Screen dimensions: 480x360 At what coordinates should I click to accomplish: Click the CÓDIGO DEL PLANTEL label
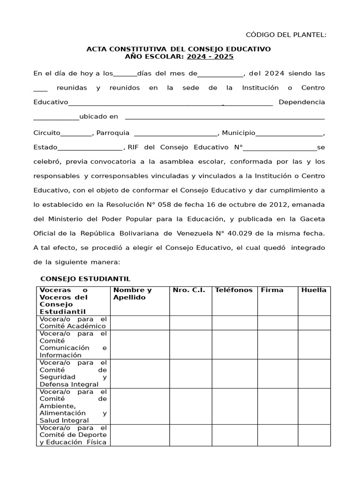[x=286, y=35]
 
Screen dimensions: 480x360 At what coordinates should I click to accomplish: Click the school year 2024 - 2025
[x=210, y=57]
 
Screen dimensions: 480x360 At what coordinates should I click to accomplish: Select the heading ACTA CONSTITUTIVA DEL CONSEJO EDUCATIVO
[x=179, y=49]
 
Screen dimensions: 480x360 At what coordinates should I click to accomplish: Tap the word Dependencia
[x=301, y=102]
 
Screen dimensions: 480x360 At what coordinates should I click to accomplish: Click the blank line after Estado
[x=90, y=147]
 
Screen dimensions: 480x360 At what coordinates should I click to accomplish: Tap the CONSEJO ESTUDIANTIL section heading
[x=85, y=279]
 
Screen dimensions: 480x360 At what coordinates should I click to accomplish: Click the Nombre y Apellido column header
[x=133, y=293]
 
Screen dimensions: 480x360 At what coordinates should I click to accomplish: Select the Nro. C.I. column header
[x=189, y=290]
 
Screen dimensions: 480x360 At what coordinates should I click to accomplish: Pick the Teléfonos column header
[x=233, y=290]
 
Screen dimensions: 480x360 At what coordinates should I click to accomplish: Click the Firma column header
[x=272, y=290]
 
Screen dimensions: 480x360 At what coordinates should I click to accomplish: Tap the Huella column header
[x=314, y=290]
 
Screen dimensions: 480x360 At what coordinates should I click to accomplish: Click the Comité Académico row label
[x=73, y=322]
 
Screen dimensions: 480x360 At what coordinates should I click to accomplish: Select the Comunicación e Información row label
[x=73, y=345]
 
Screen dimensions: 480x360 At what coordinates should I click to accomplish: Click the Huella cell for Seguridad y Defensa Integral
[x=314, y=374]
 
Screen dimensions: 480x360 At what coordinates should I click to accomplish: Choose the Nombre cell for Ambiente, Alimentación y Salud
[x=140, y=406]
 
